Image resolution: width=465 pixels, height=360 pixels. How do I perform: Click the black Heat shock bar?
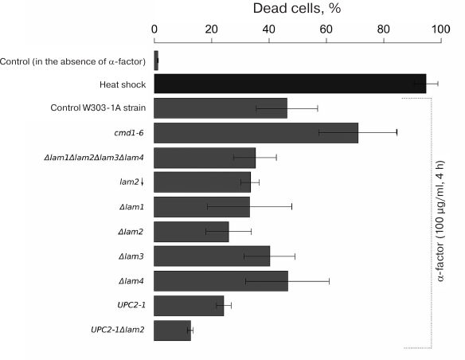290,84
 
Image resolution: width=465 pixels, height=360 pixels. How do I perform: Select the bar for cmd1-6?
256,132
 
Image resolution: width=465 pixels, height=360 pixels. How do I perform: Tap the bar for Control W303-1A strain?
221,108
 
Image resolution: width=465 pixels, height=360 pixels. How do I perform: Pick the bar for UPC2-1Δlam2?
172,330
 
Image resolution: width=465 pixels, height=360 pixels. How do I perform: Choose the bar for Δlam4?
221,280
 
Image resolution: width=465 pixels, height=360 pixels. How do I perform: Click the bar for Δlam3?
212,256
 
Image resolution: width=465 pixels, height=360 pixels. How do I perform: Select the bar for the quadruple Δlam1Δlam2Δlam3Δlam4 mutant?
205,157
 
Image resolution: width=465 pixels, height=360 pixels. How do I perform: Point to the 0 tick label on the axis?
154,30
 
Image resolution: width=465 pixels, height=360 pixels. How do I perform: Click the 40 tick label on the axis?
268,30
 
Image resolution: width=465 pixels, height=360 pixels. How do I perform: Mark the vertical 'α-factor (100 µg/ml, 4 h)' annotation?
442,223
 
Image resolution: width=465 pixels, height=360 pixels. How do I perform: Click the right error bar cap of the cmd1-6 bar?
397,132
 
